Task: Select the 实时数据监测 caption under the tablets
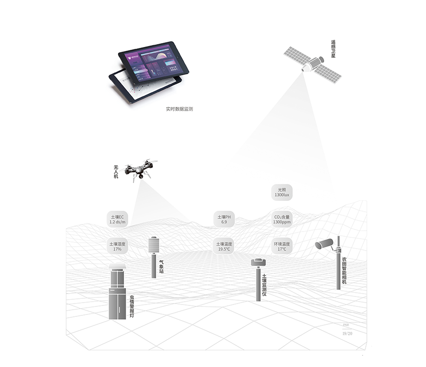179,109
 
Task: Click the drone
139,170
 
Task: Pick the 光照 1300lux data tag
283,192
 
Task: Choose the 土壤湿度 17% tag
117,246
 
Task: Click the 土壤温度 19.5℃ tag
224,246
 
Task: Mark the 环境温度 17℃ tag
282,246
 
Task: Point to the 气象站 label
161,268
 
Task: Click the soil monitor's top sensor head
258,262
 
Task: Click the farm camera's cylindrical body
325,244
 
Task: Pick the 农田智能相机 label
344,270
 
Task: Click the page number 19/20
347,333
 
